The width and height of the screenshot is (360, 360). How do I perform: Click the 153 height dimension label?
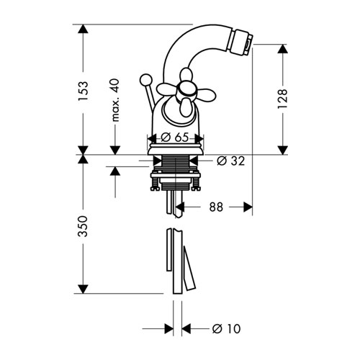pyautogui.click(x=84, y=91)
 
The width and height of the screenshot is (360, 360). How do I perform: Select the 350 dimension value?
pyautogui.click(x=84, y=226)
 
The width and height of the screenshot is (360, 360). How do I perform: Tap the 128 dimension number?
pyautogui.click(x=282, y=99)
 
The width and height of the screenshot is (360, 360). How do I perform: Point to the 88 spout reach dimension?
pyautogui.click(x=216, y=207)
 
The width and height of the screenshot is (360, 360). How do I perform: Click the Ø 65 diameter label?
pyautogui.click(x=175, y=138)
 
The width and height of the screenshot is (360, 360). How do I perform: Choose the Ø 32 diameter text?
pyautogui.click(x=230, y=161)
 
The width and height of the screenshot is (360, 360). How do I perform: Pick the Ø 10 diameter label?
pyautogui.click(x=226, y=328)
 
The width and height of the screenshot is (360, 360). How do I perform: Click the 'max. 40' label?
pyautogui.click(x=115, y=100)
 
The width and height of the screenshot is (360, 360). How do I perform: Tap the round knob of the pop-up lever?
pyautogui.click(x=145, y=80)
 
